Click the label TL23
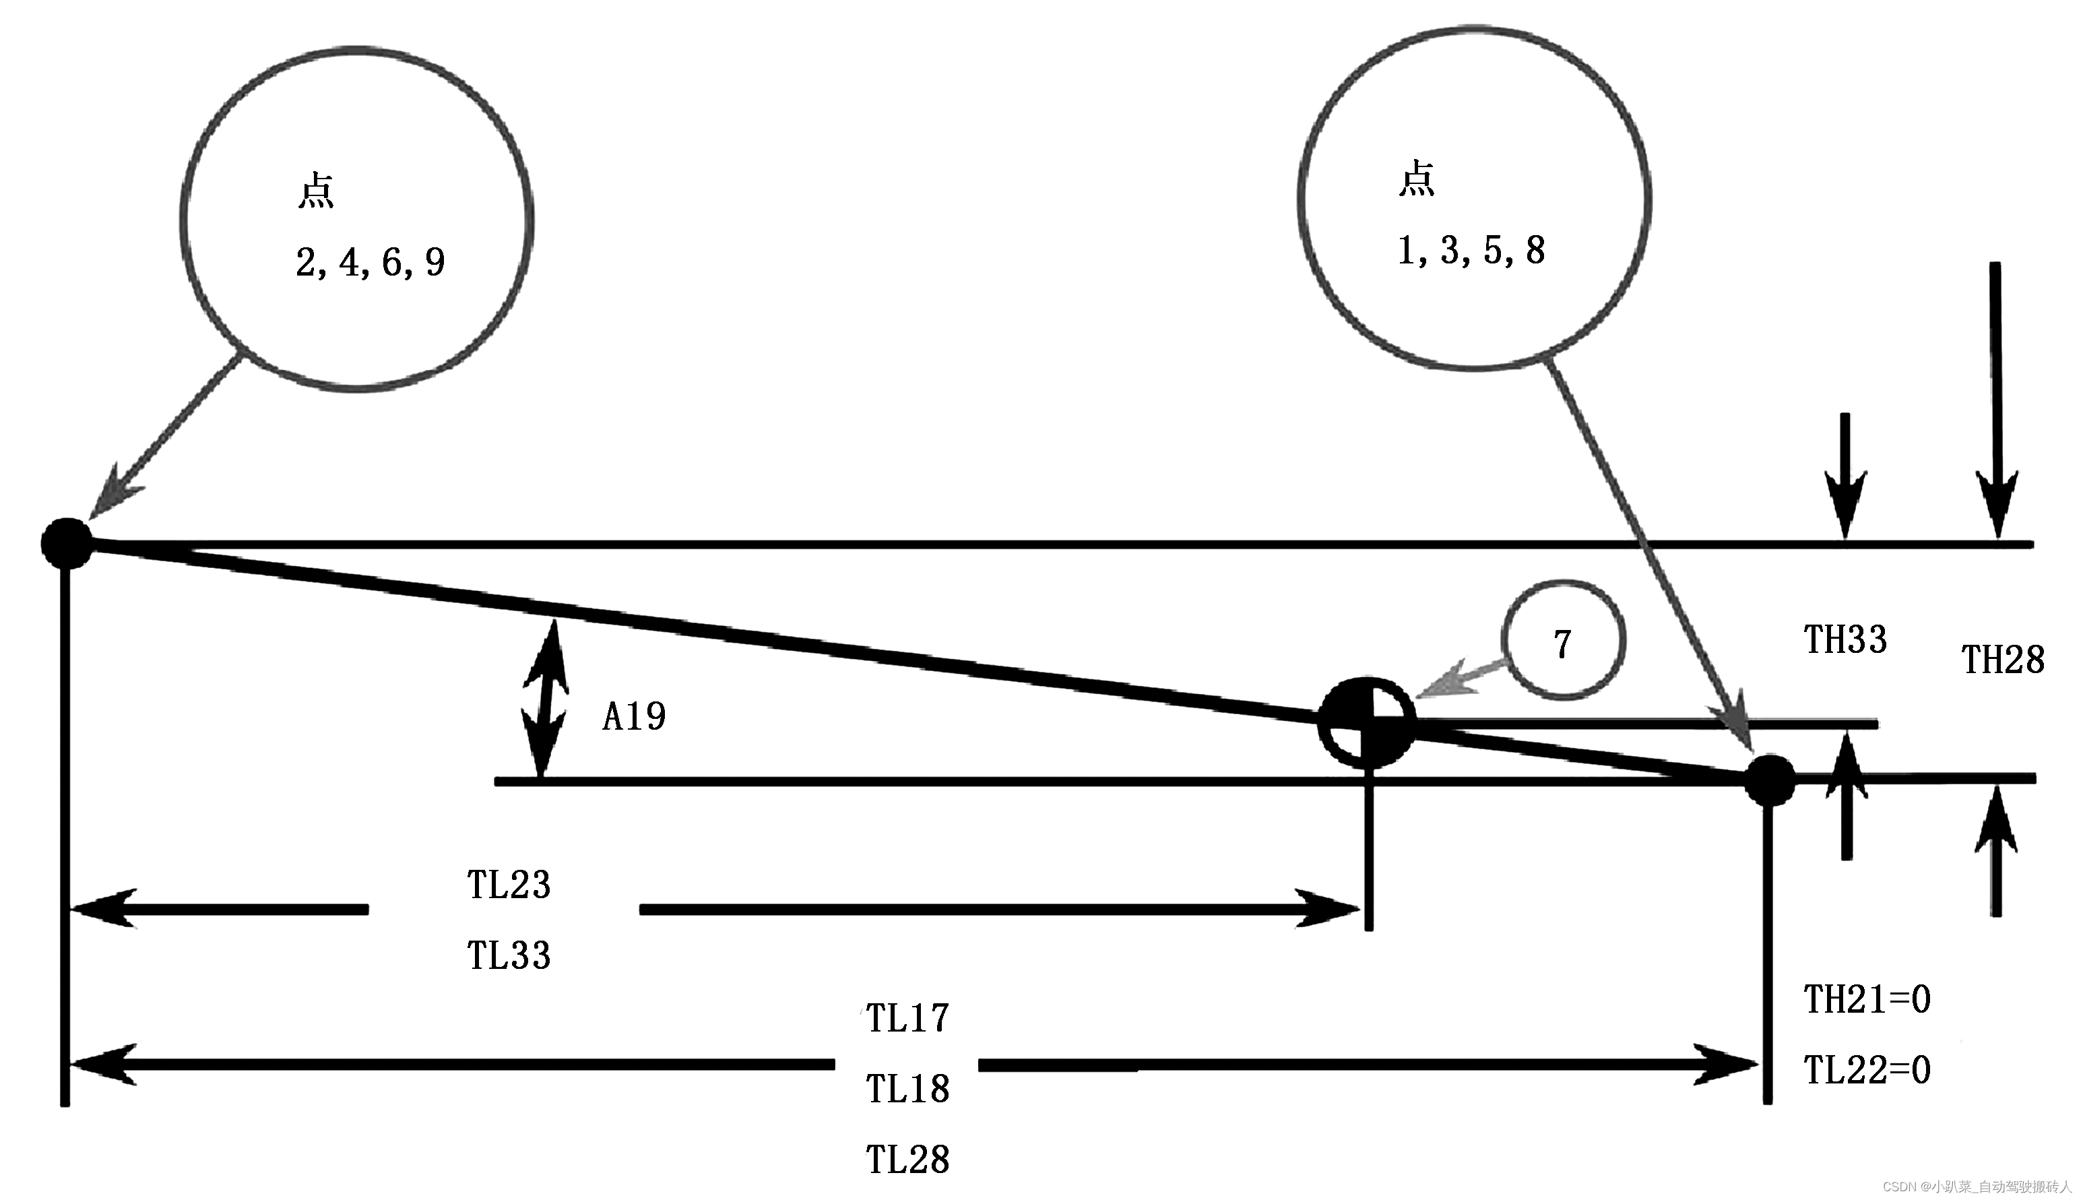(509, 885)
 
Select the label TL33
(509, 956)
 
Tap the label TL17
(907, 1019)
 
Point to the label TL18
(907, 1090)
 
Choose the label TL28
(907, 1160)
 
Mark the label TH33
(1845, 640)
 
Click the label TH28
(2002, 661)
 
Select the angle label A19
(634, 717)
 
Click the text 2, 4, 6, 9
(370, 263)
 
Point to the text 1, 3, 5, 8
(1471, 251)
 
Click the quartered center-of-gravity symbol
(1367, 722)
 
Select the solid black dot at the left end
(67, 544)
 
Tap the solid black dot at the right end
(1769, 780)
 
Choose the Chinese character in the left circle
(315, 191)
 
